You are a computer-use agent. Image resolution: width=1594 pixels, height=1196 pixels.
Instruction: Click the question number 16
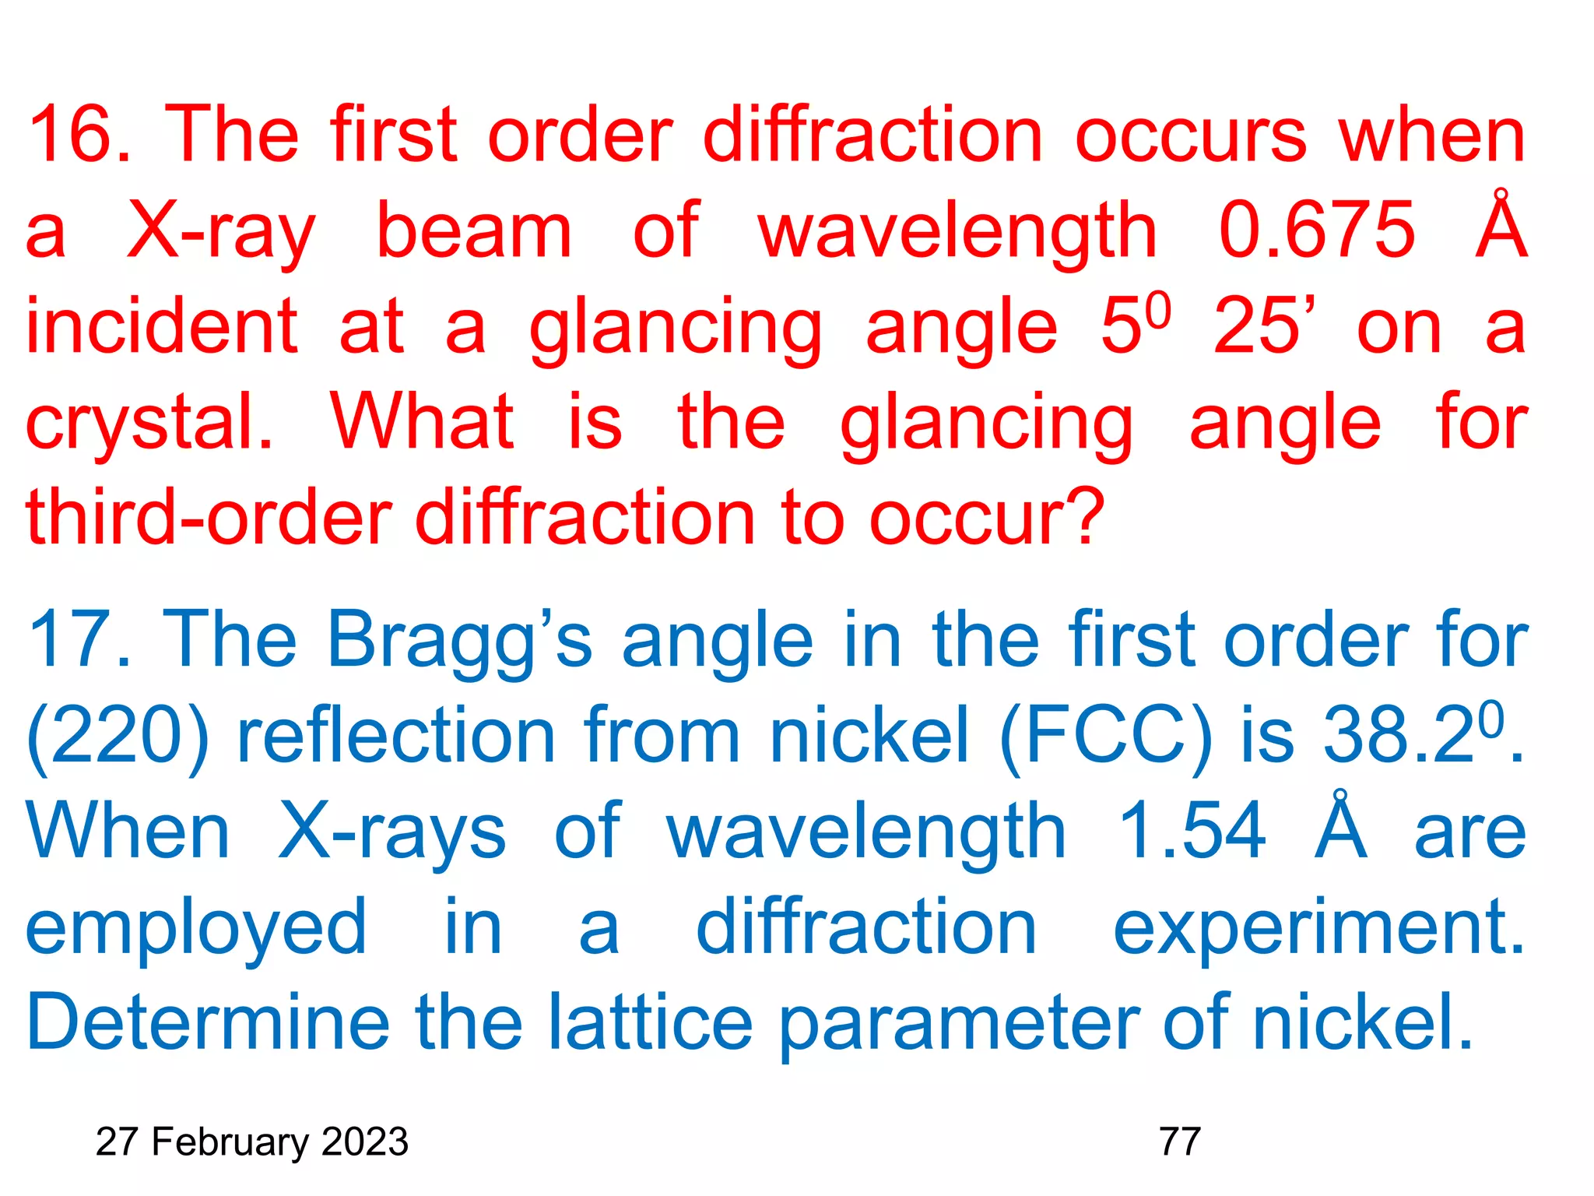tap(78, 136)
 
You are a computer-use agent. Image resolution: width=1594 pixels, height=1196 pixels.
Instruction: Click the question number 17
tap(78, 641)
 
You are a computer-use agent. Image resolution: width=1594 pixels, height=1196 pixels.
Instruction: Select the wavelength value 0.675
tap(1316, 230)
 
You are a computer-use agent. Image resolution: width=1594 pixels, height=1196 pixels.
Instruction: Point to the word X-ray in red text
tap(221, 232)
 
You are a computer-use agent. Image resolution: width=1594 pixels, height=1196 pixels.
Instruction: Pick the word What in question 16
tap(422, 422)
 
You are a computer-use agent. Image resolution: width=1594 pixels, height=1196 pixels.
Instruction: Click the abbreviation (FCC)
tap(1105, 737)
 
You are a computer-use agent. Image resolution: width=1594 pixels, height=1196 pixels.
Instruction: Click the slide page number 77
tap(1180, 1142)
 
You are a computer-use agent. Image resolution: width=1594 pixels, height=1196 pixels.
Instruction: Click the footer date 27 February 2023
tap(251, 1142)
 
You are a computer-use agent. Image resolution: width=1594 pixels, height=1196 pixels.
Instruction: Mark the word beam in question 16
tap(474, 230)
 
